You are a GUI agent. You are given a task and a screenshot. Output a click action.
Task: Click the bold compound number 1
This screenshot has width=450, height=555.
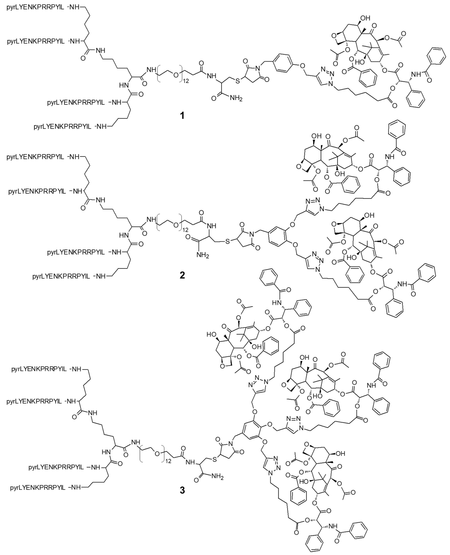(x=182, y=116)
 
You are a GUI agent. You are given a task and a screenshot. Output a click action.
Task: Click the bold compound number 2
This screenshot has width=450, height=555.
(x=182, y=275)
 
